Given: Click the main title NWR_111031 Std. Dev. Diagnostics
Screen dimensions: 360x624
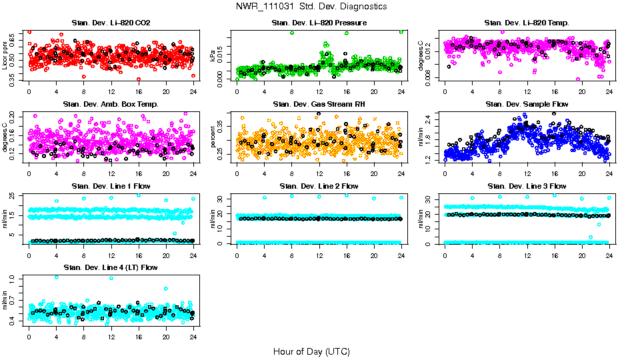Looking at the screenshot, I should (311, 6).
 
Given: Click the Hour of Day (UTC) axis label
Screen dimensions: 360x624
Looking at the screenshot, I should (311, 351).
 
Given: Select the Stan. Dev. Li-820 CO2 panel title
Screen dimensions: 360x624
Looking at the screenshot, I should (111, 23).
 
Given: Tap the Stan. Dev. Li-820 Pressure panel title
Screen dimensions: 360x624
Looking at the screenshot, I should (319, 23).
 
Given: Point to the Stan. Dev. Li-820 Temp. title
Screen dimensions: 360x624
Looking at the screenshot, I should (527, 23).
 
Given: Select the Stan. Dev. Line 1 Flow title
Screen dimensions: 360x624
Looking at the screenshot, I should (111, 186).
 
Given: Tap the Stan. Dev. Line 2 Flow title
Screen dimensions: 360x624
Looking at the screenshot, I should (319, 186).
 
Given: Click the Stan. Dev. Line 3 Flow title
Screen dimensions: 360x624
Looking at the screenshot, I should (527, 186).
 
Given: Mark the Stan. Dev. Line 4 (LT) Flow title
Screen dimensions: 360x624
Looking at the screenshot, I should (111, 267).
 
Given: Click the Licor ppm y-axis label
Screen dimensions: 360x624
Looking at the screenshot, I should (5, 55).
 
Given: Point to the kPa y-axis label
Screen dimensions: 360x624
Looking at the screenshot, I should (213, 55).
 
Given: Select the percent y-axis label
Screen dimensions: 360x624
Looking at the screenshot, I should (213, 137).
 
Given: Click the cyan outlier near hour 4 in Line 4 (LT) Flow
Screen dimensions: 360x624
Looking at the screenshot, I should (56, 277).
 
